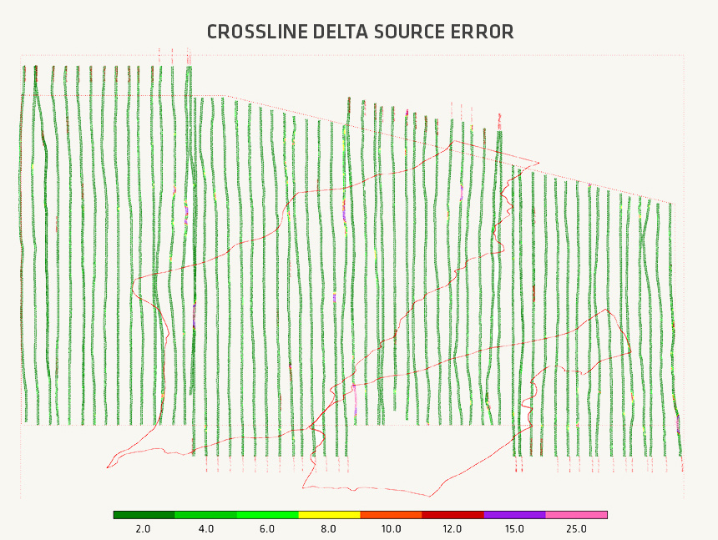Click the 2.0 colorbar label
click(144, 529)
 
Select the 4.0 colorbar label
click(205, 529)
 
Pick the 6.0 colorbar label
click(267, 529)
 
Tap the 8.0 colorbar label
click(329, 529)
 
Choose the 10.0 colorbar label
click(391, 529)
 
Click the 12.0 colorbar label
click(453, 529)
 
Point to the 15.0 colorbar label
click(514, 529)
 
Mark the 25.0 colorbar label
click(576, 529)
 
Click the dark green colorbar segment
click(144, 515)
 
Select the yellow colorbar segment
click(329, 515)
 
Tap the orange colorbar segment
click(391, 515)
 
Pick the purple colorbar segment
click(514, 515)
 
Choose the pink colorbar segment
click(576, 515)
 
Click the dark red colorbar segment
click(453, 515)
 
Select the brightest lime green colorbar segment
click(267, 515)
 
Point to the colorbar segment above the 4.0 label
click(205, 515)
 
